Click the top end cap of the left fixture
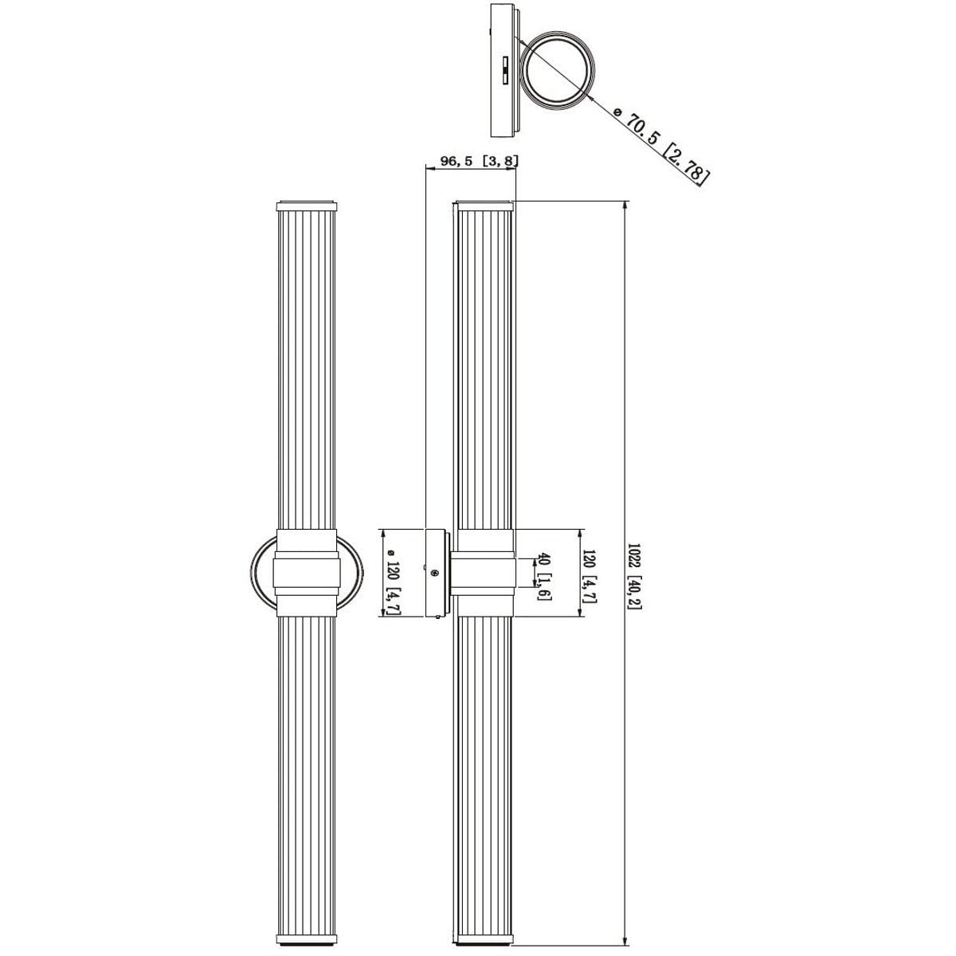[307, 206]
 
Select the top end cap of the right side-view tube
[484, 206]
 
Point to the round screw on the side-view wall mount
[435, 574]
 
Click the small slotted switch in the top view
[505, 70]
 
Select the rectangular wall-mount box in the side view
[437, 573]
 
